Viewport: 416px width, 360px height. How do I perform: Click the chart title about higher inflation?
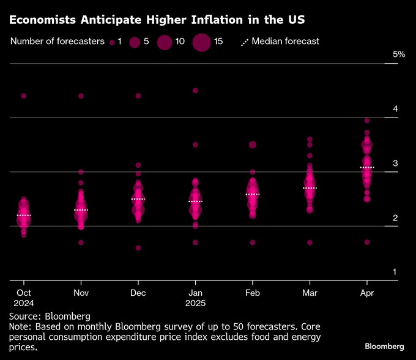point(157,20)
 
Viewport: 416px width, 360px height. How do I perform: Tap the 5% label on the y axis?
point(399,54)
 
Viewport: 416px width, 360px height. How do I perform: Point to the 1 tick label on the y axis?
point(395,272)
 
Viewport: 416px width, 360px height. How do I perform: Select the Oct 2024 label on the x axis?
point(24,298)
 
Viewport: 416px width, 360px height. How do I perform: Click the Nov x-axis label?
point(81,293)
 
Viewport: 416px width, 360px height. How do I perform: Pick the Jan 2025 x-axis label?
point(195,298)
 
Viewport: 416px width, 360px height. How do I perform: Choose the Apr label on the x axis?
point(366,293)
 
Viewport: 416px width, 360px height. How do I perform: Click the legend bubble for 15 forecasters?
point(201,42)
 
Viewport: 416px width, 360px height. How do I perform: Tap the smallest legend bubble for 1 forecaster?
point(112,42)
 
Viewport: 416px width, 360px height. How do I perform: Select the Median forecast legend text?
point(285,42)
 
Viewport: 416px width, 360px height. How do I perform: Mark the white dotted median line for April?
point(366,167)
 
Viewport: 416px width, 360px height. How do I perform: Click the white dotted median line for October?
point(24,216)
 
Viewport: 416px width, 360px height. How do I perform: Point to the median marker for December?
point(138,200)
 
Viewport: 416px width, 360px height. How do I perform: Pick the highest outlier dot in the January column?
point(195,91)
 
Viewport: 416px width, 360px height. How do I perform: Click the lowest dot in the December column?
point(138,248)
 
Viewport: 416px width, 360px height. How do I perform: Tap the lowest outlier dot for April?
point(366,242)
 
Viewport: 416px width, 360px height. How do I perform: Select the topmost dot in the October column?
point(24,96)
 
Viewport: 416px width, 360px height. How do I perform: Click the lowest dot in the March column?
point(310,242)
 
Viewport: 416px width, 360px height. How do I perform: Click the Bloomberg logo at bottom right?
point(384,347)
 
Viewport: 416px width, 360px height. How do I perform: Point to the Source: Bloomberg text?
point(49,317)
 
